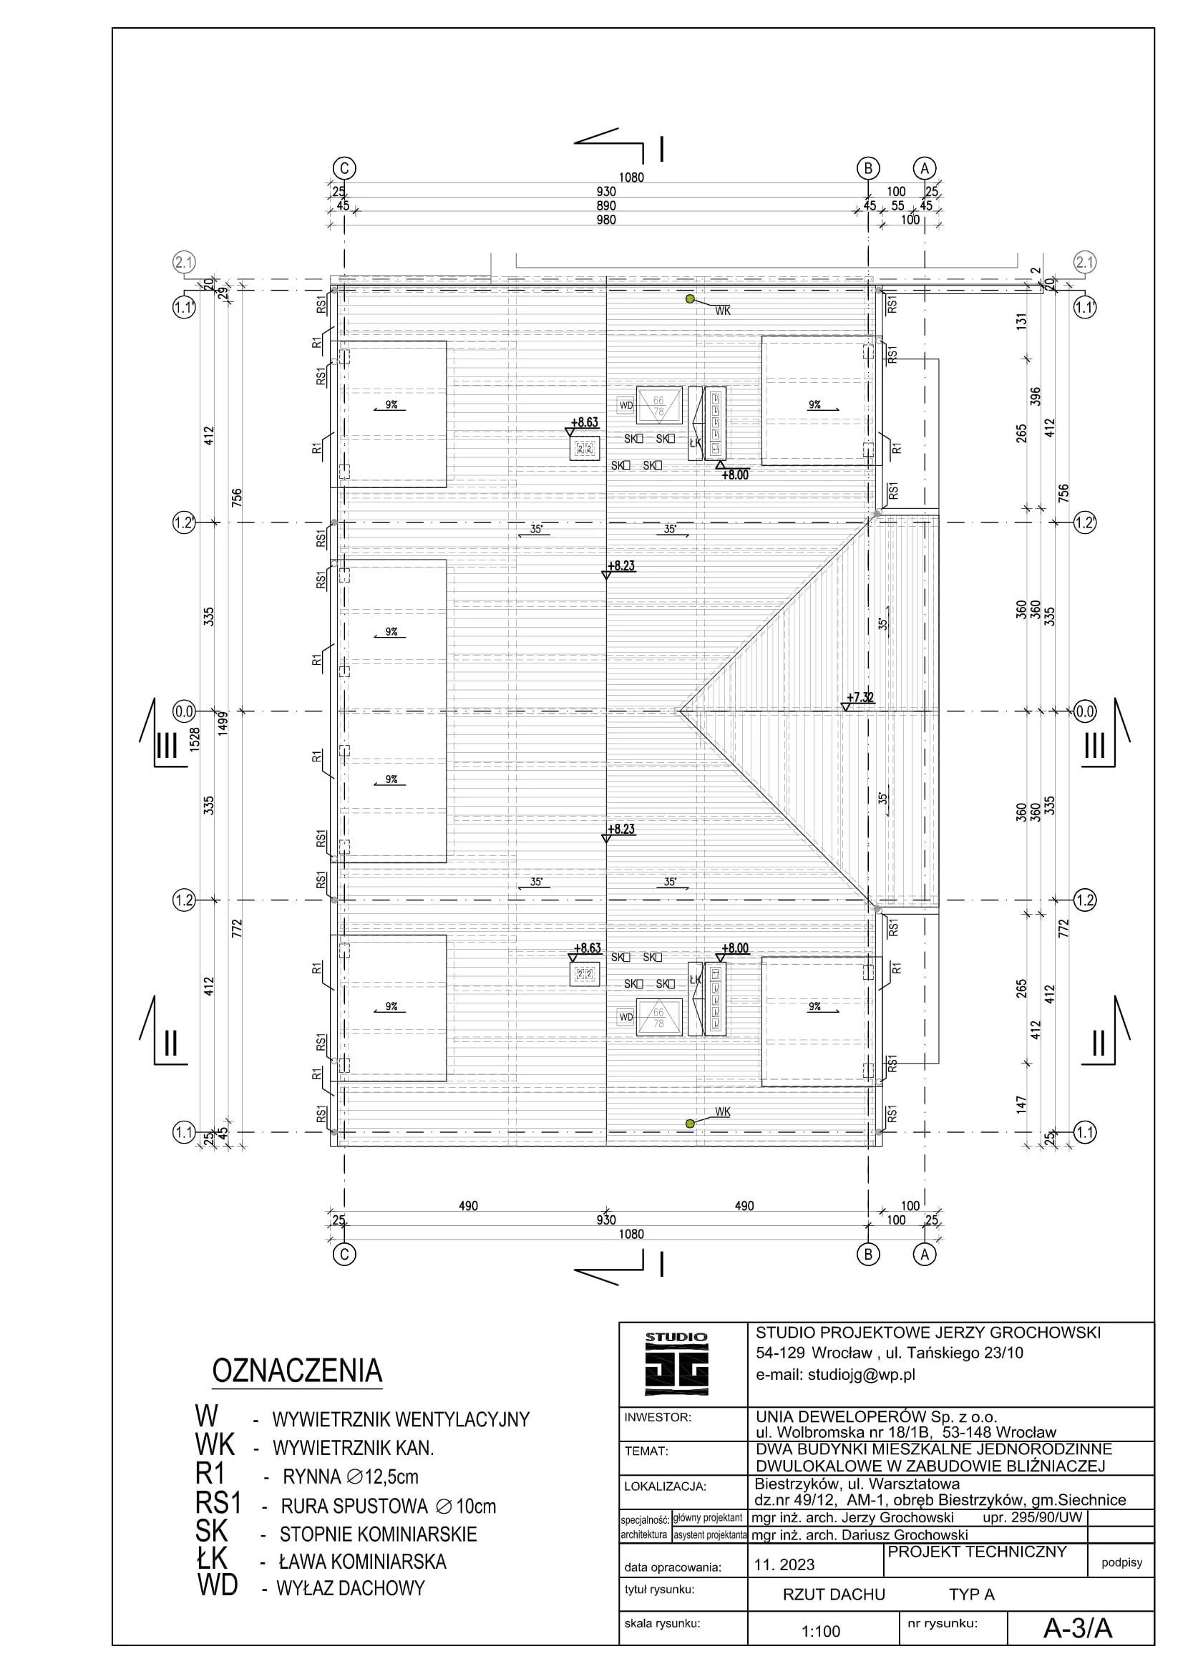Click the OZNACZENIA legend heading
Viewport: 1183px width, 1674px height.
[297, 1371]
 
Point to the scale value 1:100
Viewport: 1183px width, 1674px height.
[821, 1632]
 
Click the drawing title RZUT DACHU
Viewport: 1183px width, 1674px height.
[834, 1595]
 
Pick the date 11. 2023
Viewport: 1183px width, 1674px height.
[784, 1564]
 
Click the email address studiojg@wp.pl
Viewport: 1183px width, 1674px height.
[835, 1374]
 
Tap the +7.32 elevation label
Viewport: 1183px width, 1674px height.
[860, 697]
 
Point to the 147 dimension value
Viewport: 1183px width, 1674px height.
[1021, 1103]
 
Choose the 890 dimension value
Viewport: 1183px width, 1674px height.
[605, 205]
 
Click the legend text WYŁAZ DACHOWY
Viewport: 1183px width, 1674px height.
[351, 1589]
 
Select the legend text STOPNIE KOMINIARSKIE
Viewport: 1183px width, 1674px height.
[379, 1534]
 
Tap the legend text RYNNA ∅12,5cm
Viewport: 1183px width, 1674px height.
[351, 1477]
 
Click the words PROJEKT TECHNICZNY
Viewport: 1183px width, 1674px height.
[977, 1552]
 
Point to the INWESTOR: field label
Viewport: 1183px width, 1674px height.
[658, 1417]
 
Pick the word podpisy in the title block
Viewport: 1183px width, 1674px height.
[1121, 1562]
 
